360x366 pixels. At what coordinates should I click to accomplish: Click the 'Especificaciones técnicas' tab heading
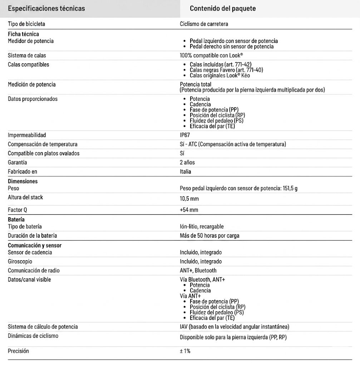pyautogui.click(x=46, y=9)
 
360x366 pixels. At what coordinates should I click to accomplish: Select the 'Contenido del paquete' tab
pyautogui.click(x=223, y=9)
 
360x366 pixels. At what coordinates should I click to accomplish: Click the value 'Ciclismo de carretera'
pyautogui.click(x=204, y=24)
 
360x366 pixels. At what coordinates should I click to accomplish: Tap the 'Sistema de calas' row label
pyautogui.click(x=27, y=55)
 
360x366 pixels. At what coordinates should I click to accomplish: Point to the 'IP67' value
pyautogui.click(x=185, y=135)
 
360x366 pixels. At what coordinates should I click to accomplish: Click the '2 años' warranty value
pyautogui.click(x=187, y=162)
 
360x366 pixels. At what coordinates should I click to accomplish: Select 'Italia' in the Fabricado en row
pyautogui.click(x=186, y=172)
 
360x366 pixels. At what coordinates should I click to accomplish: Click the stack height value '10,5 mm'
pyautogui.click(x=189, y=199)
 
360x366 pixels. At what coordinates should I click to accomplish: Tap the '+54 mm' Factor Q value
pyautogui.click(x=189, y=210)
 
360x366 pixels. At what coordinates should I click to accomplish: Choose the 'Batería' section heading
pyautogui.click(x=16, y=219)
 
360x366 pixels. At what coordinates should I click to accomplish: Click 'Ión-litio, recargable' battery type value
pyautogui.click(x=202, y=227)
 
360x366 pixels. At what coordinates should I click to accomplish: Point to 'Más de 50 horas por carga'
pyautogui.click(x=209, y=236)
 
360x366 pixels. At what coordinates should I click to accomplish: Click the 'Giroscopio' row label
pyautogui.click(x=20, y=261)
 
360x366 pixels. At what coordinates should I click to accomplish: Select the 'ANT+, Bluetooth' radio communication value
pyautogui.click(x=198, y=271)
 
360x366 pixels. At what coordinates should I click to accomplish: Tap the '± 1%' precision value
pyautogui.click(x=185, y=351)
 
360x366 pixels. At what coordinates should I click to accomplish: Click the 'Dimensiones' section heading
pyautogui.click(x=23, y=181)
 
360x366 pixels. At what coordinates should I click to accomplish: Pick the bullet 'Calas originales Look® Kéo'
pyautogui.click(x=220, y=75)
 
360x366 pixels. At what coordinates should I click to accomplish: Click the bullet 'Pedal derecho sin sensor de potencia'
pyautogui.click(x=232, y=46)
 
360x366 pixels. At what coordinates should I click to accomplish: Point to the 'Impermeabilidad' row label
pyautogui.click(x=27, y=135)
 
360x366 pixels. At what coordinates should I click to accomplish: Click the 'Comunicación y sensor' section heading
pyautogui.click(x=35, y=246)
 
